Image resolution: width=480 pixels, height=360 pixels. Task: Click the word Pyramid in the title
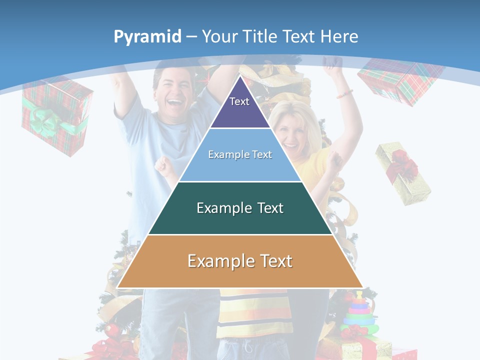(x=147, y=37)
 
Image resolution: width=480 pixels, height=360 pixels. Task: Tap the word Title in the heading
(x=260, y=36)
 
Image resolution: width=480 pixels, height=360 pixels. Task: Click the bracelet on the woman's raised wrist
(x=344, y=93)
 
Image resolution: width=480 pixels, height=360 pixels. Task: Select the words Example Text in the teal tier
(x=240, y=208)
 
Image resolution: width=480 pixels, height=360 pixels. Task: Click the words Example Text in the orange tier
(x=240, y=261)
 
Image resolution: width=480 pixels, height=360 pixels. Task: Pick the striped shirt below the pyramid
(x=255, y=312)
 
